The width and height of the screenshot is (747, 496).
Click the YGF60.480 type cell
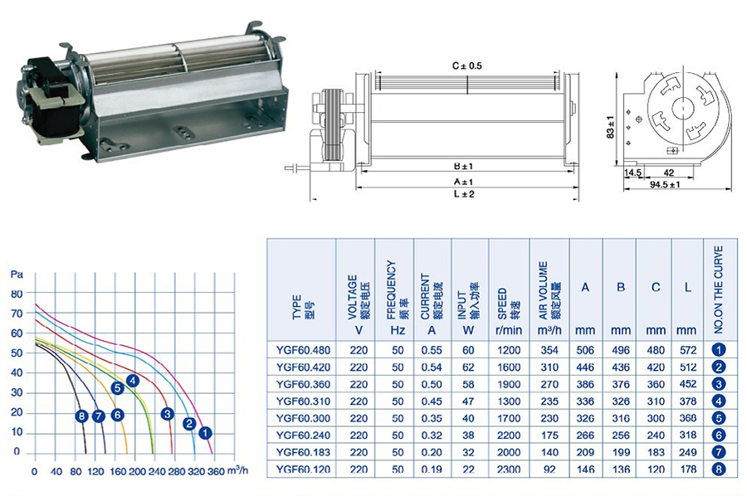click(x=303, y=350)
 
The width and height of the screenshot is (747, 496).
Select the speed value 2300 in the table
click(x=509, y=469)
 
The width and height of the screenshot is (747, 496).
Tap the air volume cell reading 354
click(x=549, y=350)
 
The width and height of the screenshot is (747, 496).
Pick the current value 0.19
click(x=432, y=469)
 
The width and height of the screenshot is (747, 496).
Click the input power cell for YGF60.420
click(x=468, y=367)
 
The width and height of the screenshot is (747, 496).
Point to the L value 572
click(x=688, y=350)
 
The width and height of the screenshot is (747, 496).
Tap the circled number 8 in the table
click(x=719, y=469)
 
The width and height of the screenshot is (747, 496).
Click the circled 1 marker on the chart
click(x=205, y=433)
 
